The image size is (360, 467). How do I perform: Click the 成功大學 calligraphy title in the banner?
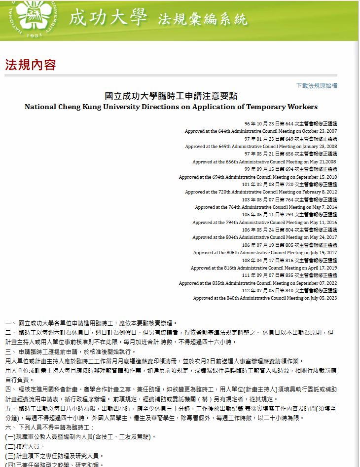pos(108,18)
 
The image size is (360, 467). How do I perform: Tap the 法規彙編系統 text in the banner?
pos(203,19)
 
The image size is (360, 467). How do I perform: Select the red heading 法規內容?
pos(31,65)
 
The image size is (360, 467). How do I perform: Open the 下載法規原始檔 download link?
pos(317,85)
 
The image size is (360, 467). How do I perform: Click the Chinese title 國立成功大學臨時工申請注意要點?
pos(171,96)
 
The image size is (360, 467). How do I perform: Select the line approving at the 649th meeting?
pos(261,147)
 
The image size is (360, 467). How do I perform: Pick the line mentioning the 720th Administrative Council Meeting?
pos(261,192)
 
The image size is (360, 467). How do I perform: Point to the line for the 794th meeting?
pos(264,223)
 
